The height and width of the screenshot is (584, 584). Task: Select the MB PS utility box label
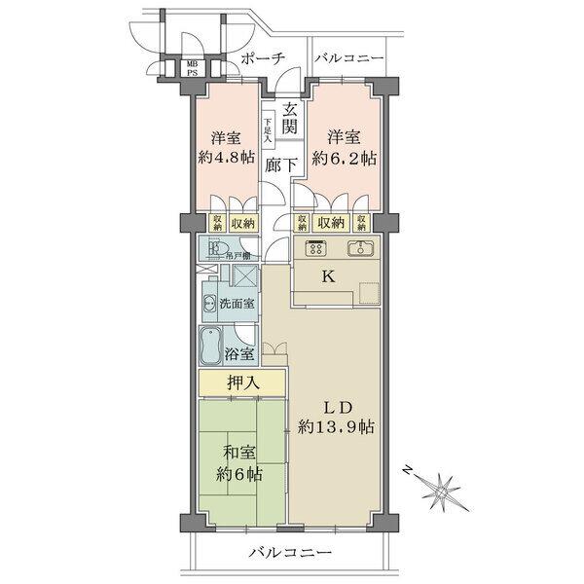coord(192,69)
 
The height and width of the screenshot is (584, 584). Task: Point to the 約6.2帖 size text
coord(346,158)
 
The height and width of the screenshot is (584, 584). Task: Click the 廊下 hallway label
coord(281,165)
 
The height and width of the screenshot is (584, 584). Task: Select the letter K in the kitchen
coord(328,275)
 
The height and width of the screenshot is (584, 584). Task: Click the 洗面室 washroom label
coord(237,304)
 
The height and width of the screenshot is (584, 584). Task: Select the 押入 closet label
coord(242,383)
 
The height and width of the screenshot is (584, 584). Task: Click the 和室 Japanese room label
coord(238,452)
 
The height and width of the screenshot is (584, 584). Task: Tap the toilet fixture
coord(212,248)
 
